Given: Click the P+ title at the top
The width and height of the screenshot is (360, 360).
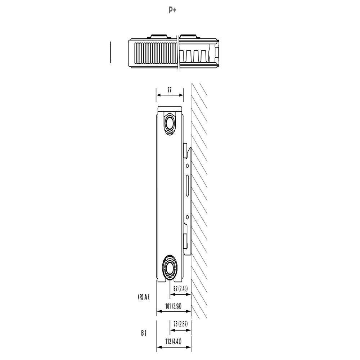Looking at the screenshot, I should click(x=172, y=10).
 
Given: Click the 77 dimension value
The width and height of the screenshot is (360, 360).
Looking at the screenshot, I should click(x=170, y=90).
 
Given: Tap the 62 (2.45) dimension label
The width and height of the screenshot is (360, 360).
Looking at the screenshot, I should click(x=180, y=288).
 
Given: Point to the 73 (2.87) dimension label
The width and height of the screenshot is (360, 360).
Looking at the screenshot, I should click(x=181, y=324).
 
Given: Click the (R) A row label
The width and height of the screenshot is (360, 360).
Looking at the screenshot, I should click(x=144, y=297).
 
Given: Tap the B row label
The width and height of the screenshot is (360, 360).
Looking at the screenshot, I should click(x=144, y=333).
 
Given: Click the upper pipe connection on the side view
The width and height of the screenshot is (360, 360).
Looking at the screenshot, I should click(x=170, y=123).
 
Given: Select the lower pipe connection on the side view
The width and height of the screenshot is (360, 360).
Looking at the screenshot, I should click(x=170, y=267).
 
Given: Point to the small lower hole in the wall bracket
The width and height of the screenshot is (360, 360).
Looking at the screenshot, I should click(x=187, y=217).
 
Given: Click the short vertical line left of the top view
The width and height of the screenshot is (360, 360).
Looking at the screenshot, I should click(x=110, y=53).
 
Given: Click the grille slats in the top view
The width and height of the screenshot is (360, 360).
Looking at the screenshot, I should click(x=155, y=53).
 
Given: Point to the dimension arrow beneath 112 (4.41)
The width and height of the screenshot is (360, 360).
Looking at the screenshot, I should click(x=174, y=347).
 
